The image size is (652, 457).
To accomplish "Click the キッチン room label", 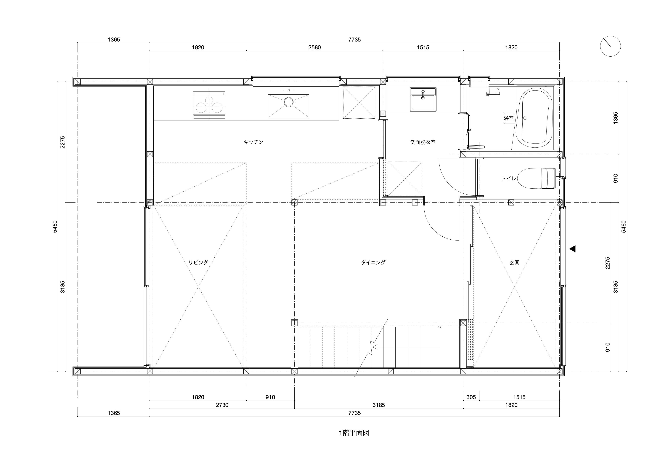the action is pyautogui.click(x=253, y=142).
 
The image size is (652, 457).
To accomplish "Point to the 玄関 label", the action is pyautogui.click(x=514, y=263).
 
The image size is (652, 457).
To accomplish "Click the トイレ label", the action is pyautogui.click(x=509, y=179).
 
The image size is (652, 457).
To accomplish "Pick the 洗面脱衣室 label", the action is pyautogui.click(x=423, y=142).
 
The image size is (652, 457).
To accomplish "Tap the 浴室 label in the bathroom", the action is pyautogui.click(x=509, y=118).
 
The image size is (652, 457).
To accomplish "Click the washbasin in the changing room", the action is pyautogui.click(x=423, y=99).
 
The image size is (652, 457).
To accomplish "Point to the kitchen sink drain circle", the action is pyautogui.click(x=288, y=102).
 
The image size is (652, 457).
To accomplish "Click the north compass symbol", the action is pyautogui.click(x=610, y=46).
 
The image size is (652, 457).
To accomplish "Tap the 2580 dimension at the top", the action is pyautogui.click(x=314, y=47).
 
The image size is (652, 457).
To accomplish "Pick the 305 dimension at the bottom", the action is pyautogui.click(x=471, y=397).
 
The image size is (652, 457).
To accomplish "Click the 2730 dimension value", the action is pyautogui.click(x=222, y=405).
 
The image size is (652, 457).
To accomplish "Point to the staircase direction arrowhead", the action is pyautogui.click(x=375, y=347).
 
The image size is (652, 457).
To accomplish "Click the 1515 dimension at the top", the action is pyautogui.click(x=423, y=47).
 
